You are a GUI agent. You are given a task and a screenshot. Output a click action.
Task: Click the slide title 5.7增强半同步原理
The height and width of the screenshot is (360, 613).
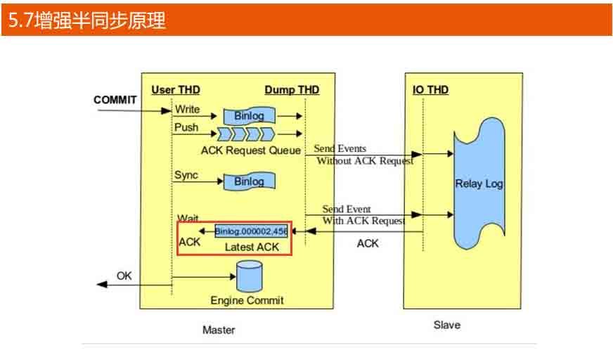87,20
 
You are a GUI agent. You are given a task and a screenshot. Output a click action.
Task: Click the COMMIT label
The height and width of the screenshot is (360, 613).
115,100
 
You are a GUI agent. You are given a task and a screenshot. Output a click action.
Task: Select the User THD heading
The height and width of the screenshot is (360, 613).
176,90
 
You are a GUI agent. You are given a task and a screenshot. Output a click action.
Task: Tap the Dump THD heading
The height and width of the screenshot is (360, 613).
292,90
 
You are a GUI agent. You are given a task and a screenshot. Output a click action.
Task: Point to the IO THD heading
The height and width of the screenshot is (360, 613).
430,90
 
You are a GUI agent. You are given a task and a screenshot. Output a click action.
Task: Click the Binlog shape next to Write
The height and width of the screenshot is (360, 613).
249,115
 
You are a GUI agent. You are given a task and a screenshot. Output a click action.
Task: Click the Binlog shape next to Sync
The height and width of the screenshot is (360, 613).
249,181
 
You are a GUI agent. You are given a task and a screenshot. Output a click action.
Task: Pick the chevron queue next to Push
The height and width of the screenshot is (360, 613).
247,134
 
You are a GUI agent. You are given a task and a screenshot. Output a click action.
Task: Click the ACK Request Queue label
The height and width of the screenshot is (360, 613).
251,150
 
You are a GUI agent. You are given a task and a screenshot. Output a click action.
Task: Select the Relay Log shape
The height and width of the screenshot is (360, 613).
479,184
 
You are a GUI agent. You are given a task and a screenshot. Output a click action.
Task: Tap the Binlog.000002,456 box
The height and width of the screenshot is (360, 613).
252,231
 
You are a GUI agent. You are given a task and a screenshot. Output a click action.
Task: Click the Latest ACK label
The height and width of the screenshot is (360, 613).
252,247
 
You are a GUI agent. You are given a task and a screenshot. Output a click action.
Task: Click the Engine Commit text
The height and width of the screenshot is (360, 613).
247,300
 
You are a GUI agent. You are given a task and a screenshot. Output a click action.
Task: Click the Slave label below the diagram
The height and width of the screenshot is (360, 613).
447,325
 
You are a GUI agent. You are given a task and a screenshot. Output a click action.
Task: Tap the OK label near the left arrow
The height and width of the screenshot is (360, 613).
124,276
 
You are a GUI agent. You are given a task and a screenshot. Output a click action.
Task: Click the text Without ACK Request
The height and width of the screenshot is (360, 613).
365,161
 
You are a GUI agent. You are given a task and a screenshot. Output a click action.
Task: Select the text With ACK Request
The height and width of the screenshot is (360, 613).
363,221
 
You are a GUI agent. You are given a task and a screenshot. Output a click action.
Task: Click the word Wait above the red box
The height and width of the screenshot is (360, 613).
187,218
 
